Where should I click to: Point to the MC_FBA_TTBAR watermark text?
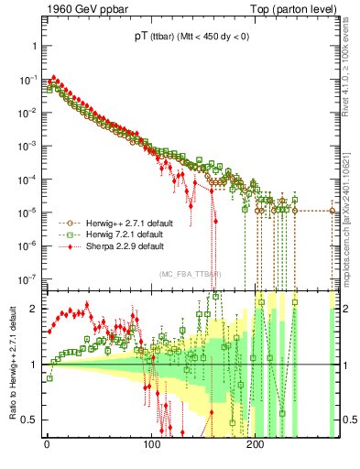[187, 274]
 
